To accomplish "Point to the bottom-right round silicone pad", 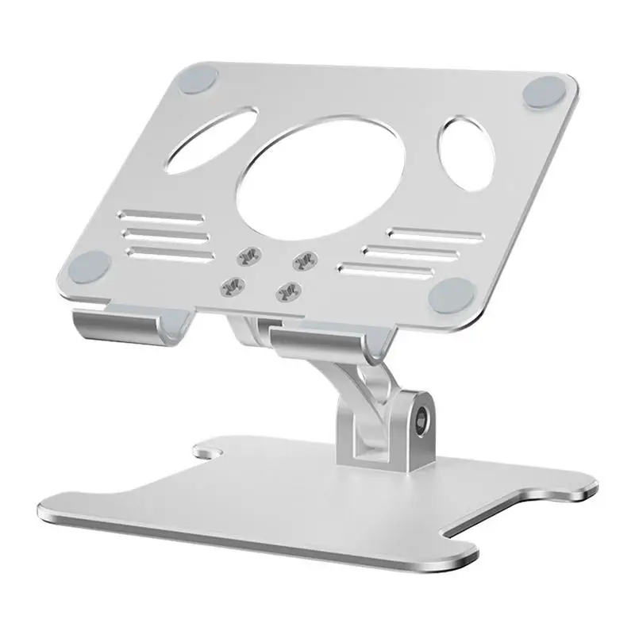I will click(449, 294).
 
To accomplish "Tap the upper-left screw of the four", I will click(248, 256).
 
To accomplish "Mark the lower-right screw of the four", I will click(285, 291).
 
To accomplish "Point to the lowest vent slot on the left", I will click(171, 254).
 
